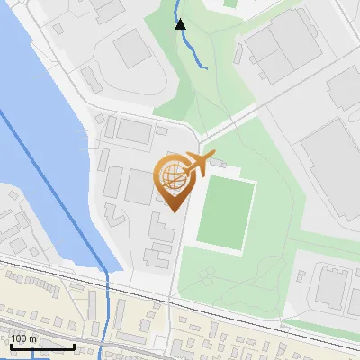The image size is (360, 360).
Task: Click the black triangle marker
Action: (180, 24)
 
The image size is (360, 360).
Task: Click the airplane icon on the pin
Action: (196, 165)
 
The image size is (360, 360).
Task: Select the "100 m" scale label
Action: (24, 338)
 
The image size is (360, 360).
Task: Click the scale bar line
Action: (41, 346)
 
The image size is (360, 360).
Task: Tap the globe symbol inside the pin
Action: (171, 177)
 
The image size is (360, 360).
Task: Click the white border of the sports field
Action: (255, 216)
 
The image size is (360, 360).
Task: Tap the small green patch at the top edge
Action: (230, 3)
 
